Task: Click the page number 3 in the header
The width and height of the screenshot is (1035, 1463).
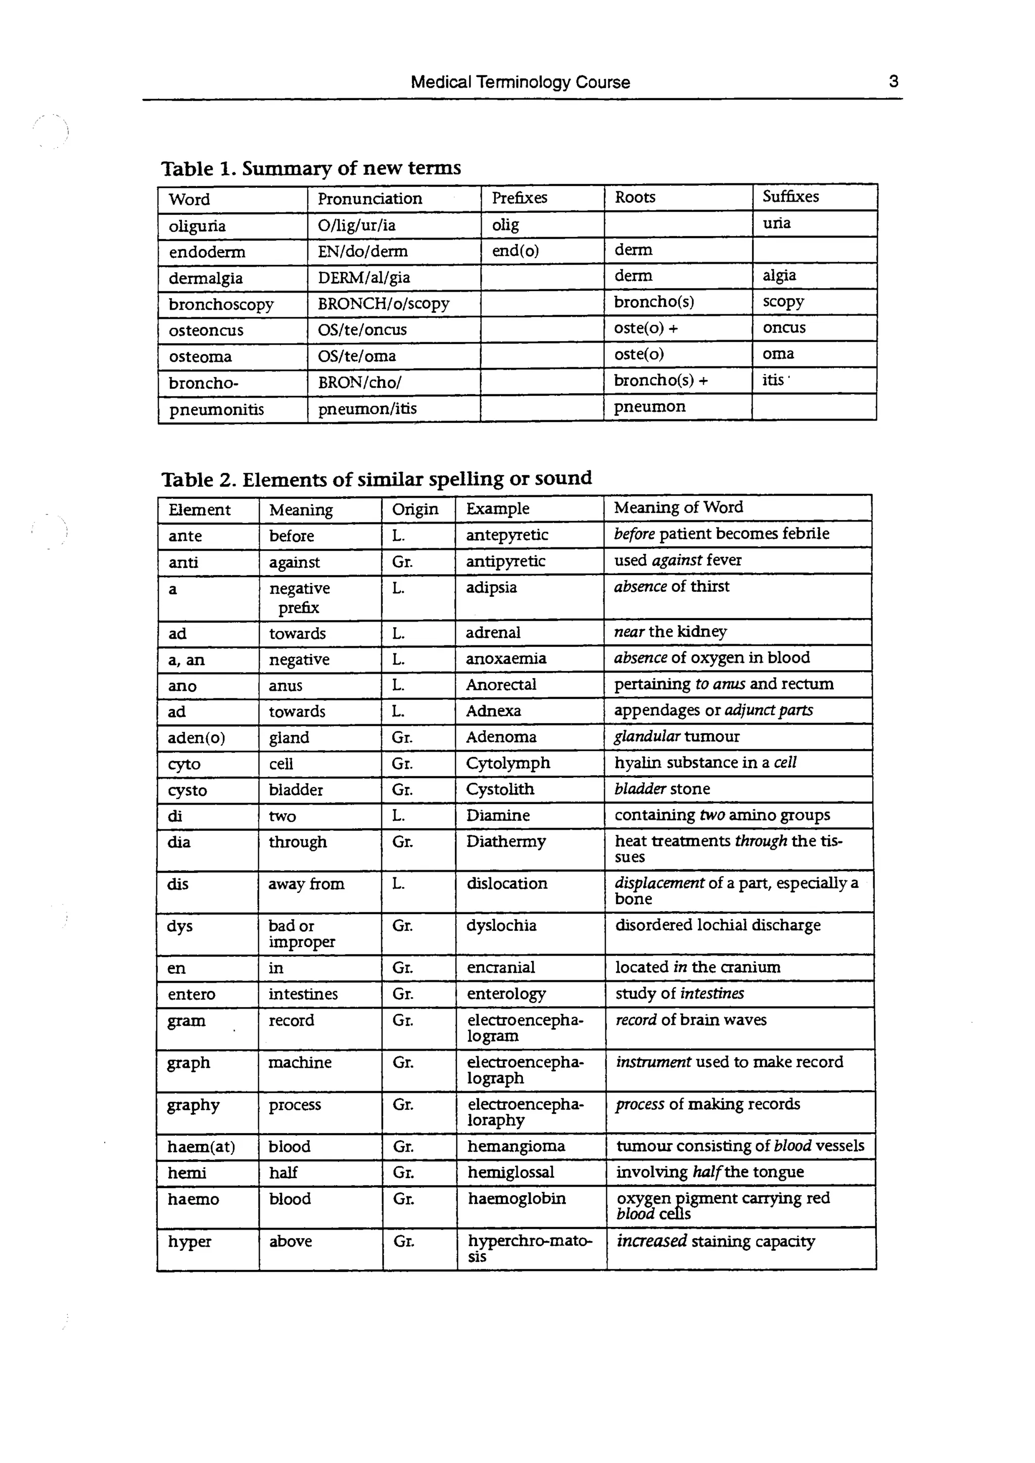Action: coord(893,81)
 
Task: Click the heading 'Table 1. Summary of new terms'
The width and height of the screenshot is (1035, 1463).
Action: coord(311,168)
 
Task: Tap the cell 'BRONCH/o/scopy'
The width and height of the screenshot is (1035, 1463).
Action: coord(384,304)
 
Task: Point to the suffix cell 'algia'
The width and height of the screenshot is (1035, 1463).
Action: coord(779,275)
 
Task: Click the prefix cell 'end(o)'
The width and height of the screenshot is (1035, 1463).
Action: coord(515,251)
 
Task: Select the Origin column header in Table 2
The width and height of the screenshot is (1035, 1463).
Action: coord(415,509)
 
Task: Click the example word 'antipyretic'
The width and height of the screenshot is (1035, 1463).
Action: coord(505,561)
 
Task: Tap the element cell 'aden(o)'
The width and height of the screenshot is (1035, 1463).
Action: coord(196,738)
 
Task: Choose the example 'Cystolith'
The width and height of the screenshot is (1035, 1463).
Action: coord(500,789)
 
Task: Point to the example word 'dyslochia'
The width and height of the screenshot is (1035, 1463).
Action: coord(501,926)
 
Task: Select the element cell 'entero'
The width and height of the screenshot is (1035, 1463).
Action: coord(191,995)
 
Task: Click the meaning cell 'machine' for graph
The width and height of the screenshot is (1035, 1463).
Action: coord(300,1063)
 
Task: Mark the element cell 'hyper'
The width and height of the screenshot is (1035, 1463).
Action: coord(190,1241)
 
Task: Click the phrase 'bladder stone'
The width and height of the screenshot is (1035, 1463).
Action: coord(662,789)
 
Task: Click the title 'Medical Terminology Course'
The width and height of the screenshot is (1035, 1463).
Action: coord(520,82)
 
